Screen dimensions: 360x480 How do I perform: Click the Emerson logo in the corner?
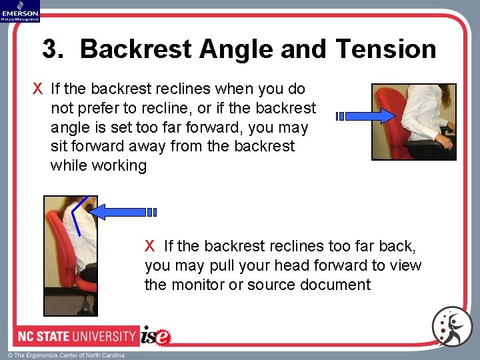(20, 11)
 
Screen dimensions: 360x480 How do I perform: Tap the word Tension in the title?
(386, 49)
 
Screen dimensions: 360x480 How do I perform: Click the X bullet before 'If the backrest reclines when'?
(39, 89)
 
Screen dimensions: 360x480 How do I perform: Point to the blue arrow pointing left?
(123, 212)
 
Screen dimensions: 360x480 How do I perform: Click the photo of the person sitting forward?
(413, 121)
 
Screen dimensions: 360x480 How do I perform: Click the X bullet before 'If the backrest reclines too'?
(150, 247)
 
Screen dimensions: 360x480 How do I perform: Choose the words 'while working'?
(99, 165)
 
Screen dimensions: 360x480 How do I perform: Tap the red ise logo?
(156, 336)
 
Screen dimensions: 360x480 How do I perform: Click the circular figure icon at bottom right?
(451, 327)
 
